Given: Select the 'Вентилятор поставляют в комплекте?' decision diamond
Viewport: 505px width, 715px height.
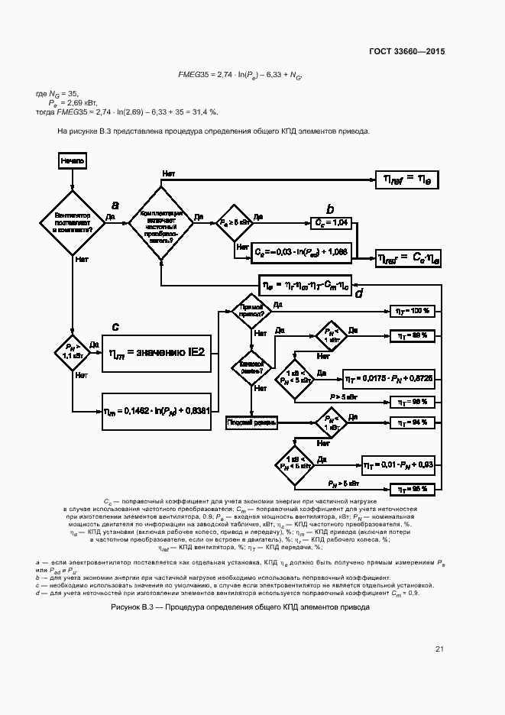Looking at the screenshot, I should [72, 221].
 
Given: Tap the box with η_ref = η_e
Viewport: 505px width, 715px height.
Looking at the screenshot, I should [407, 179].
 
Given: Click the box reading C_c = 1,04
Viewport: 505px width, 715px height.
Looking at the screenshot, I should [332, 222].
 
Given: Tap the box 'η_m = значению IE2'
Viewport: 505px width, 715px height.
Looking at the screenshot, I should [157, 352].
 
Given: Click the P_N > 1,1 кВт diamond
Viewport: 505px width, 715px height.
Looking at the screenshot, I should [72, 352].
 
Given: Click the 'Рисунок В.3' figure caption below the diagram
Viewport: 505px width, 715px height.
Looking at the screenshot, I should [240, 607].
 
